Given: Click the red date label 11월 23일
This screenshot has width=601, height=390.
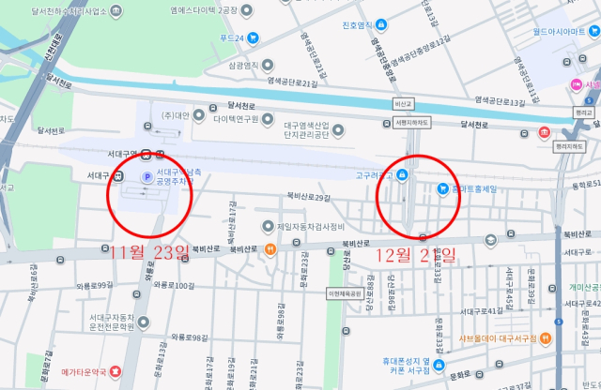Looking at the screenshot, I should [x=149, y=252].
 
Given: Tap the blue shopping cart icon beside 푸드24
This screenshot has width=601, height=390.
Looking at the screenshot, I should [x=253, y=37].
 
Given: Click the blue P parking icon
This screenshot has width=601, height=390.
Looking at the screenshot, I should [x=146, y=176].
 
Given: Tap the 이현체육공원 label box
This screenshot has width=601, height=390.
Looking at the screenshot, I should [x=344, y=293].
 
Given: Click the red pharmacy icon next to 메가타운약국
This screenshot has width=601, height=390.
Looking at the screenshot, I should [x=115, y=373].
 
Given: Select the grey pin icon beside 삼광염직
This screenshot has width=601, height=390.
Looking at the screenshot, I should [x=269, y=66].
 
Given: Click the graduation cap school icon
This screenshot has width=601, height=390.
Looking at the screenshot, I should [x=490, y=241].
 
